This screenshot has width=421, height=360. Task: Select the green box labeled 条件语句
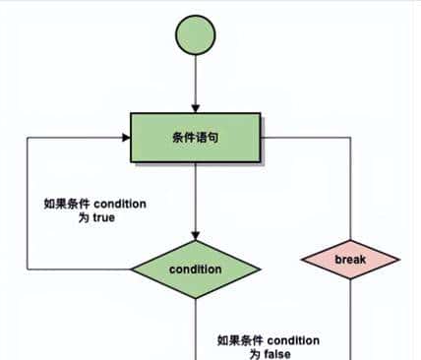[x=196, y=138]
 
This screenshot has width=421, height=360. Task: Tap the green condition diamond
[x=196, y=269]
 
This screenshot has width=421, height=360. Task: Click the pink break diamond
[x=350, y=260]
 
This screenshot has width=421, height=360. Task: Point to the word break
[x=350, y=260]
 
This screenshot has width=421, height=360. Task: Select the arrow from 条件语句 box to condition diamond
[x=196, y=202]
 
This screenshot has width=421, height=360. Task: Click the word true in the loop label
[x=103, y=217]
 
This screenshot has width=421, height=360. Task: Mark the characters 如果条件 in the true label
[x=68, y=204]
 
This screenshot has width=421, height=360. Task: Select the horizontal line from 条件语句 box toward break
[x=305, y=138]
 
